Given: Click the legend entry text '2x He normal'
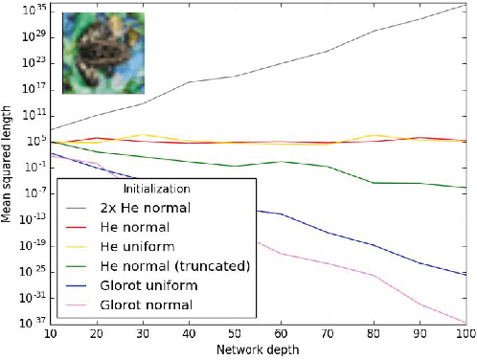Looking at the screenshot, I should [145, 208].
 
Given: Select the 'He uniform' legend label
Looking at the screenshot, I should [132, 246].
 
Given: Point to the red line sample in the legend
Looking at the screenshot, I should [79, 228].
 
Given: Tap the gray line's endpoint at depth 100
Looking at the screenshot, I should [466, 5].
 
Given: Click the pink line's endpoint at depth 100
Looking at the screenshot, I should [466, 323].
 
